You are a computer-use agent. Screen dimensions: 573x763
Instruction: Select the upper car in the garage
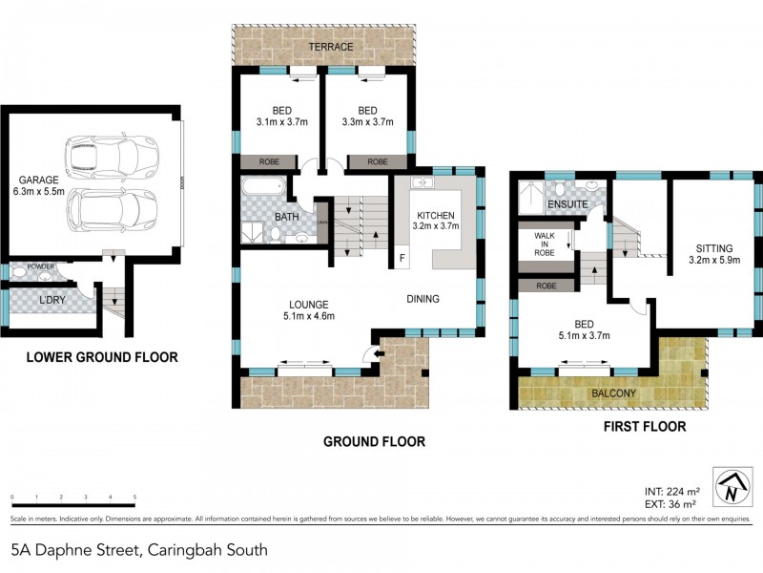click(x=110, y=153)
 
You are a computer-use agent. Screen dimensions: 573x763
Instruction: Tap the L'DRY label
click(x=52, y=301)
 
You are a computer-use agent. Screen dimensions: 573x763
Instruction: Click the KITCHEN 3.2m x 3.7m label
click(x=437, y=221)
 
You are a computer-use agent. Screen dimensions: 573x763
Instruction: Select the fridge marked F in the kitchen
click(x=402, y=259)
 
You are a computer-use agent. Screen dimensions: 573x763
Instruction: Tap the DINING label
click(x=423, y=299)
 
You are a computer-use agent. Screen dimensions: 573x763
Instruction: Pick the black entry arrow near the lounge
click(x=379, y=356)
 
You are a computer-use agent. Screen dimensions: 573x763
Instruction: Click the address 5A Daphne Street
click(x=138, y=550)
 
